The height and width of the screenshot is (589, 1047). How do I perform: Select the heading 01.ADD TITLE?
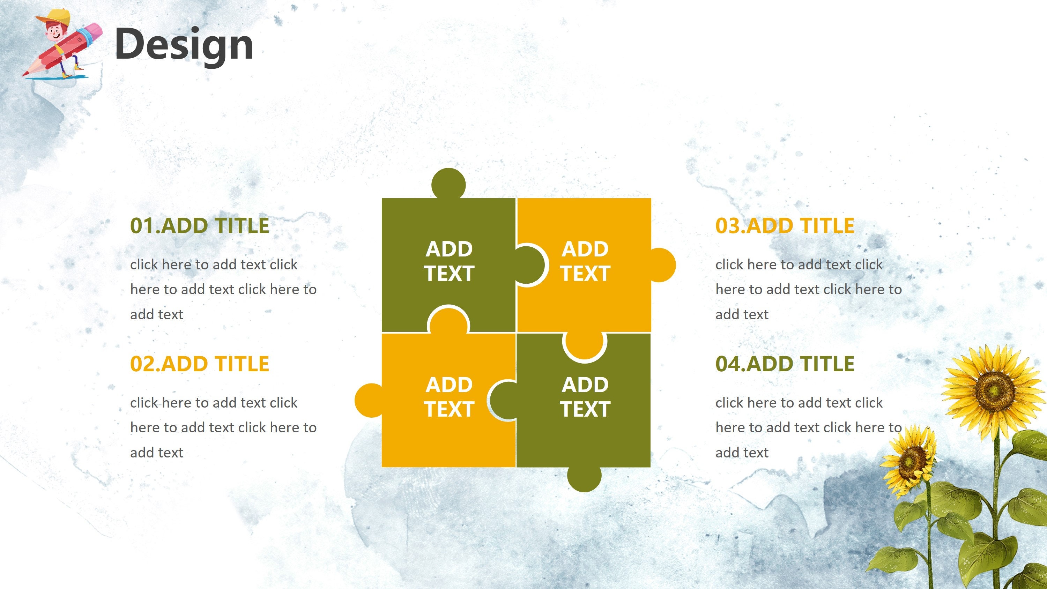(x=200, y=226)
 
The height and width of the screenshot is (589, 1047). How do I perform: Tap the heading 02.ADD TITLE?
(x=200, y=364)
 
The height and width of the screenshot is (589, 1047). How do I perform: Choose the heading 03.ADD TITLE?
(x=785, y=226)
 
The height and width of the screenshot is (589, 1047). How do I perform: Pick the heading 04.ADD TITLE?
(x=785, y=364)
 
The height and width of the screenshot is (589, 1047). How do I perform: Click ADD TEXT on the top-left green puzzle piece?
(x=449, y=261)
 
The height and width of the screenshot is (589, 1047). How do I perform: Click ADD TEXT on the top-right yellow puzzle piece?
(x=585, y=261)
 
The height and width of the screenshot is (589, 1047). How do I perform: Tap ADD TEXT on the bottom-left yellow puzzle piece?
(x=449, y=397)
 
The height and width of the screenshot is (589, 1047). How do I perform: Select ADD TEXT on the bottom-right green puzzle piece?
(x=585, y=397)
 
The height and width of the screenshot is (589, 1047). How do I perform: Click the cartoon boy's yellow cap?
(x=57, y=17)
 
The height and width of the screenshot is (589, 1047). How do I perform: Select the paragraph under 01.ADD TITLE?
(x=223, y=289)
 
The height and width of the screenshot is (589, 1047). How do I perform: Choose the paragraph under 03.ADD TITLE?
(x=808, y=289)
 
